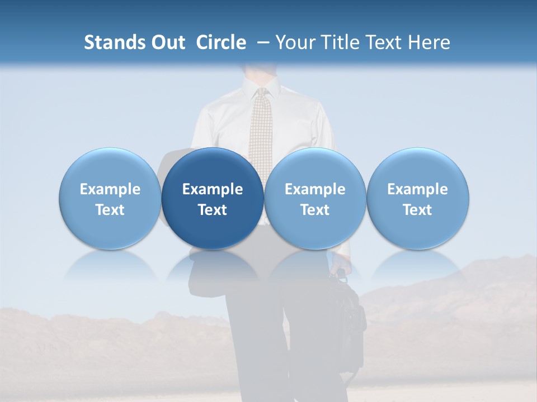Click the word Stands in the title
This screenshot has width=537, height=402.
(x=112, y=42)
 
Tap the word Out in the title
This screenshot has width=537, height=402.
(x=167, y=42)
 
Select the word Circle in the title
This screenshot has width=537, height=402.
(x=221, y=42)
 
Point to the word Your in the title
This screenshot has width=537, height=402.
(x=296, y=42)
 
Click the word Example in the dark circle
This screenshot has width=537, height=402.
(x=213, y=189)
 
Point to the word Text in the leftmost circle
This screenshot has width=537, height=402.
(x=110, y=210)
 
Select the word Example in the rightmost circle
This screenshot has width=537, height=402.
(x=418, y=189)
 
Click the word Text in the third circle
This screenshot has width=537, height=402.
(x=315, y=210)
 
